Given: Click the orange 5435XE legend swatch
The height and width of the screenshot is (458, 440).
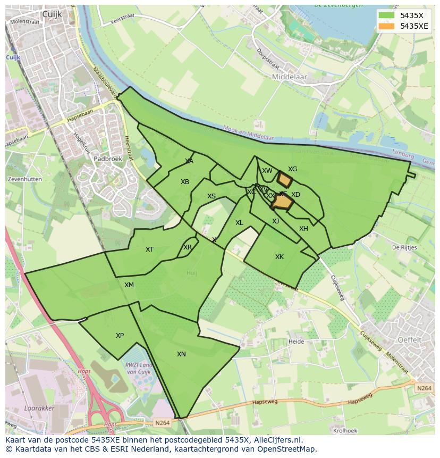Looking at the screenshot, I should pos(386,26).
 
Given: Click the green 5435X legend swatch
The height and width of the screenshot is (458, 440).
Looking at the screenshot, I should pos(386,15).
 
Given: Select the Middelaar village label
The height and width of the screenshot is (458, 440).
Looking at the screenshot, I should pos(289,77).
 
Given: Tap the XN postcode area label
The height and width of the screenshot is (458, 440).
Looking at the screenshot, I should pos(181,354).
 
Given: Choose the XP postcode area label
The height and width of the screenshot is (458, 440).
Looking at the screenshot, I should pos(120,336).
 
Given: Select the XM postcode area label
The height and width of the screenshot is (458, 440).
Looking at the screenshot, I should pos(129,285).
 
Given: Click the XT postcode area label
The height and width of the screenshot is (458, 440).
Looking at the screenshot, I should pos(150,249).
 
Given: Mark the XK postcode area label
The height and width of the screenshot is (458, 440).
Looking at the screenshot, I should pos(280,257).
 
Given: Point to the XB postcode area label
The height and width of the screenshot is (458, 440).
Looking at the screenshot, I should pos(185,182).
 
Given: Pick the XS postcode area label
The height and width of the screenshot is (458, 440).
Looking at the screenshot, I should pos(211,196).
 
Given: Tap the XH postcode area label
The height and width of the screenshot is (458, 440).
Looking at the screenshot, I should pos(303,229).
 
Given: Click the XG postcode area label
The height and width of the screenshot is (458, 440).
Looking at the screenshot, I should pos(292,169).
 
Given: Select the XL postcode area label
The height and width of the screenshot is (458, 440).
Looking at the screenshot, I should pos(239,223).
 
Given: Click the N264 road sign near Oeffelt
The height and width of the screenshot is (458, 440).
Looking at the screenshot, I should pos(424,388).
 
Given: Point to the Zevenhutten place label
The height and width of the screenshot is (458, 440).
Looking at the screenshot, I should pos(25,180).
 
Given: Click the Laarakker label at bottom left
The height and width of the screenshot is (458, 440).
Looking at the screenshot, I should pos(25,409).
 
